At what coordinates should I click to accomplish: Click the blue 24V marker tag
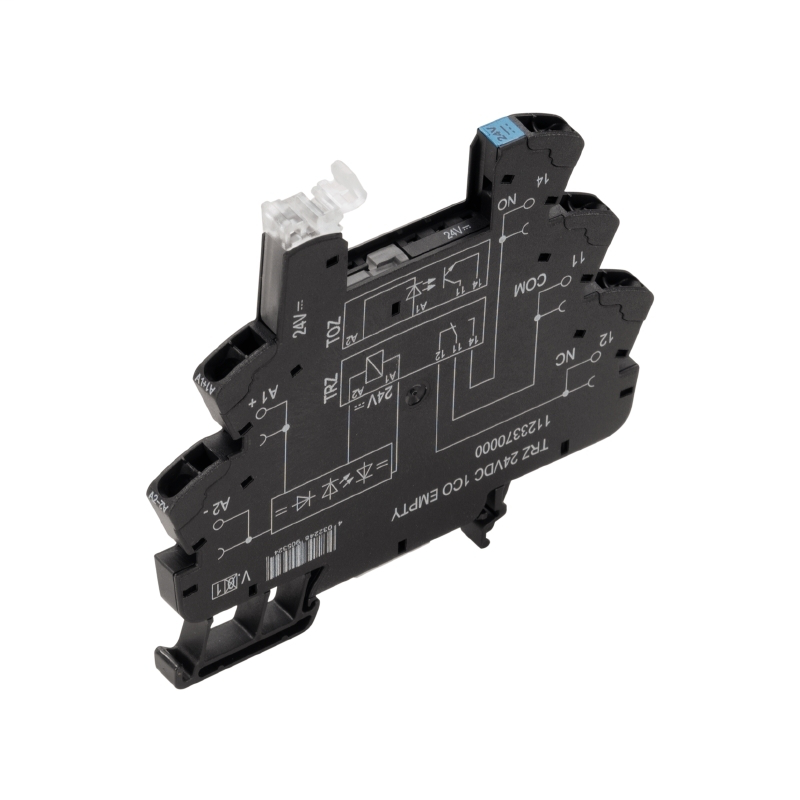(x=496, y=129)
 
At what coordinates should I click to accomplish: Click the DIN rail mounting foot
(x=200, y=650)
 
